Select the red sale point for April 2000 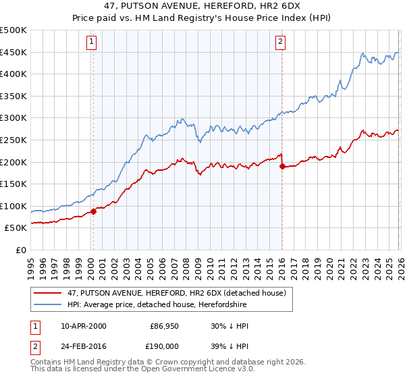(93, 211)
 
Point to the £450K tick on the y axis (14, 52)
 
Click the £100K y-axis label (14, 206)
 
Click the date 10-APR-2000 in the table (83, 326)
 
